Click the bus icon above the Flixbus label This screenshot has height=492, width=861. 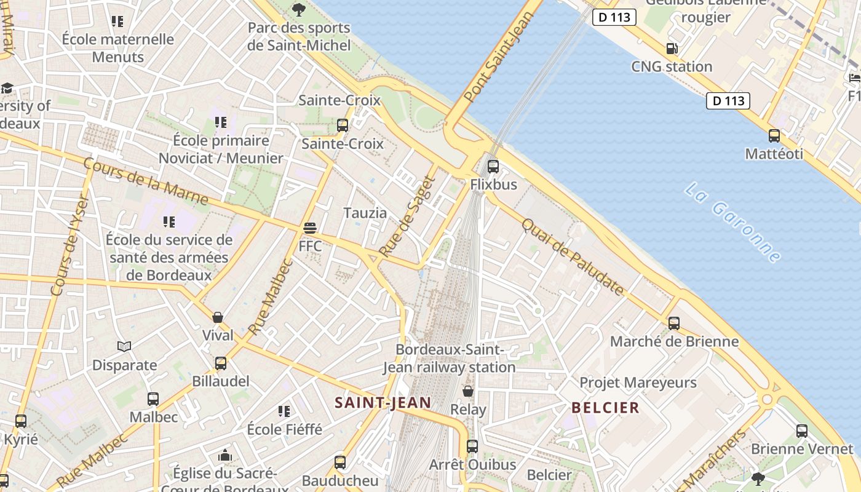(493, 166)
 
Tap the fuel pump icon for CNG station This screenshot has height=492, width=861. (672, 49)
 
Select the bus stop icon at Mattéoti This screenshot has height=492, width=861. (774, 136)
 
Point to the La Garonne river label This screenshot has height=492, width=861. (732, 222)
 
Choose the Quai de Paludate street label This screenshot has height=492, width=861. (573, 257)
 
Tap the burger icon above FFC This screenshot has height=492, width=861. (310, 228)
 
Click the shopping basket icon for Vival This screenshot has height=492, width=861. (218, 317)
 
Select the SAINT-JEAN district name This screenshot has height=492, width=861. (383, 403)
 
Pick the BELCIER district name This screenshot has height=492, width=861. (606, 408)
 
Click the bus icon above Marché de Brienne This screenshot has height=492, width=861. (674, 323)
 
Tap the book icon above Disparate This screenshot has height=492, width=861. (124, 347)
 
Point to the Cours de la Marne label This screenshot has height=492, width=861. (145, 181)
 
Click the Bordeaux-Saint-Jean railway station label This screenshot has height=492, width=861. (450, 359)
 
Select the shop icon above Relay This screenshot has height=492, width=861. (468, 391)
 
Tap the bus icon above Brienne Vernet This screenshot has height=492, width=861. (802, 430)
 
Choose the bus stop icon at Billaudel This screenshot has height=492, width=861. (221, 363)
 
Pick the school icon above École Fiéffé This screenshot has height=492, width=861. (284, 411)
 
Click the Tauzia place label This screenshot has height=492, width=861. (365, 213)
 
